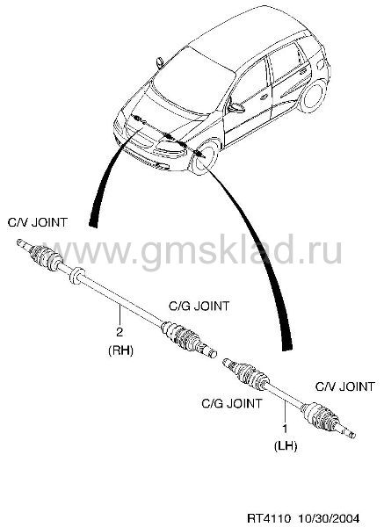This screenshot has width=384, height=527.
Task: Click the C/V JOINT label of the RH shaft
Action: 37,222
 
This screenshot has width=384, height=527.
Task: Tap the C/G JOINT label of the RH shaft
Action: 199,306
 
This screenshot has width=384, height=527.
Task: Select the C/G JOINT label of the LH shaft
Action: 232,403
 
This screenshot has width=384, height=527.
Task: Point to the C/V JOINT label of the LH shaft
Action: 345,386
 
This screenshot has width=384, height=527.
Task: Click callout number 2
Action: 120,332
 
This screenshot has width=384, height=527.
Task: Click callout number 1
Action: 285,429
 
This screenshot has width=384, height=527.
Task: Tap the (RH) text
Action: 120,350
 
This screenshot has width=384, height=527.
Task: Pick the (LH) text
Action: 286,446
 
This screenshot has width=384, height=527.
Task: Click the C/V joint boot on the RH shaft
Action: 46,257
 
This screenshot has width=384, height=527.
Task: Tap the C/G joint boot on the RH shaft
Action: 180,336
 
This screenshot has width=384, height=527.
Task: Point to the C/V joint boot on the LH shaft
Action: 320,415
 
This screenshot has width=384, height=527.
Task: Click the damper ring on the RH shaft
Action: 76,275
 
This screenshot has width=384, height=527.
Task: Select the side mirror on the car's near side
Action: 235,108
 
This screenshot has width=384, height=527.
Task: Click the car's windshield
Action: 193,82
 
